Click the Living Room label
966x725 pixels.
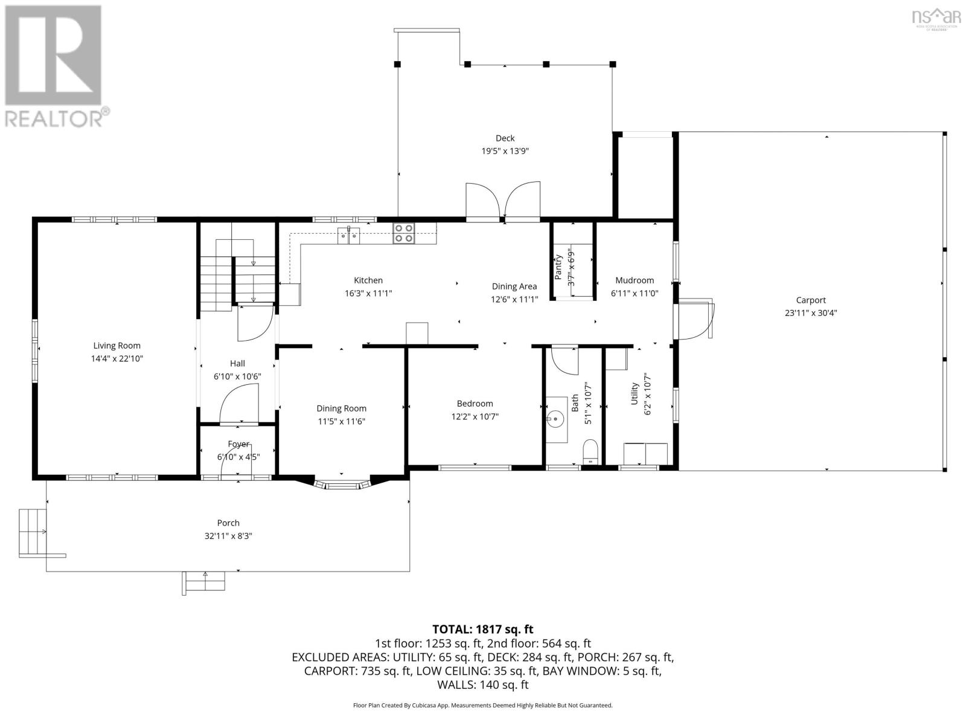click(x=117, y=346)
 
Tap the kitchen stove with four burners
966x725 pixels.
click(x=404, y=233)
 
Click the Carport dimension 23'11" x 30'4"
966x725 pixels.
click(x=810, y=313)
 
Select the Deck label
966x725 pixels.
click(x=505, y=138)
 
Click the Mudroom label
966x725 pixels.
click(x=635, y=280)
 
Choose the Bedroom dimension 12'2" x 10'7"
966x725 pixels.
click(x=475, y=416)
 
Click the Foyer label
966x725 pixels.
click(x=238, y=444)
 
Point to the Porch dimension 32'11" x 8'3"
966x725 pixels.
click(x=228, y=536)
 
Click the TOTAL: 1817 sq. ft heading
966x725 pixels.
click(x=482, y=630)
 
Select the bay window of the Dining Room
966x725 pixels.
click(x=342, y=485)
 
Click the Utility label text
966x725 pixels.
click(x=635, y=393)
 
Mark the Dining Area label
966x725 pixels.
click(x=514, y=286)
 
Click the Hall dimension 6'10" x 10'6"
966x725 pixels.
click(x=237, y=376)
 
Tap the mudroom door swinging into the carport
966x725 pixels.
click(x=696, y=319)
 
